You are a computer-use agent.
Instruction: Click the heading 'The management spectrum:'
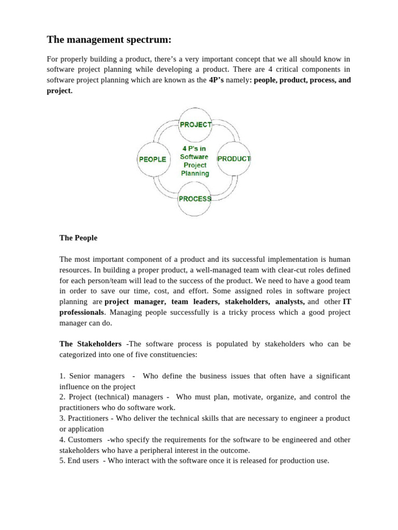(109, 40)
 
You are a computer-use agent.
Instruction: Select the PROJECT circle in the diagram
(195, 125)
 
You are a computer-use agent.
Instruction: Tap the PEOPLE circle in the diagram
(153, 159)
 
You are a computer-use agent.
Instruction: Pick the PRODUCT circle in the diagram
(234, 159)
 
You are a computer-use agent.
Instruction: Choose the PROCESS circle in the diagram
(194, 199)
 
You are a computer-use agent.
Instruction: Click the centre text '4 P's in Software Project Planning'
(194, 161)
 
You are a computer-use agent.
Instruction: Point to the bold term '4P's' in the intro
(216, 80)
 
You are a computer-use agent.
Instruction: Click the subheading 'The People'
(78, 238)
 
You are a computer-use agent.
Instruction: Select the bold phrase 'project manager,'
(135, 302)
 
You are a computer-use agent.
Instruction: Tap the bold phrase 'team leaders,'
(195, 302)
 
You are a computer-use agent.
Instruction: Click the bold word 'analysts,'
(290, 302)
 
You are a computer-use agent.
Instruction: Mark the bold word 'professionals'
(81, 313)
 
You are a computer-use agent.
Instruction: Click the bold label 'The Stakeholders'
(91, 344)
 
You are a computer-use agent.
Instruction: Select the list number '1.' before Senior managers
(63, 376)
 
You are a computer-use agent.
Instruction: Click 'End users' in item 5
(84, 461)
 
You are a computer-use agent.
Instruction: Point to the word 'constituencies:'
(173, 355)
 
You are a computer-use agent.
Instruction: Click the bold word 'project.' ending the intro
(60, 91)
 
